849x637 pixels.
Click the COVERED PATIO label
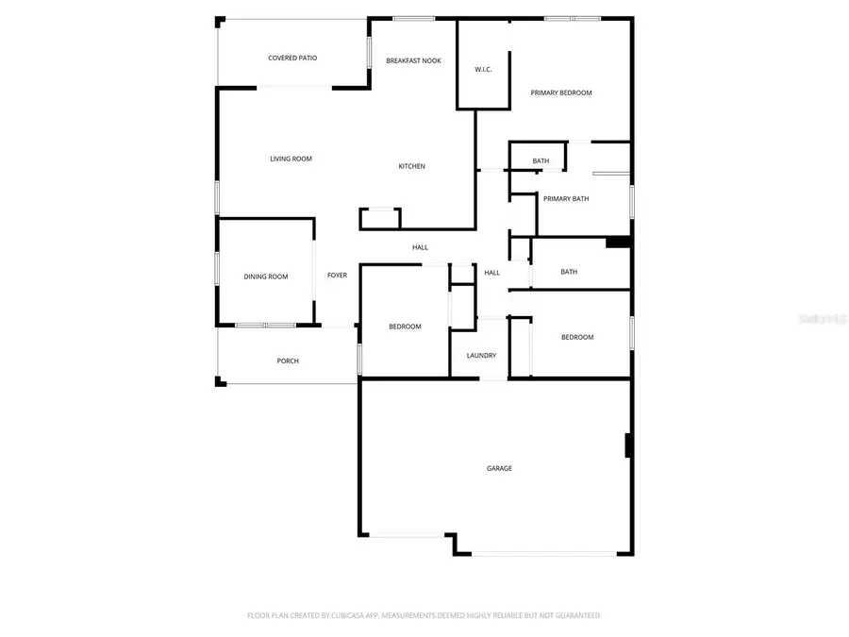pos(292,59)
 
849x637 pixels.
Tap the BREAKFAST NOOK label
pos(413,61)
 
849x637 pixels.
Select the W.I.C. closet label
pos(483,69)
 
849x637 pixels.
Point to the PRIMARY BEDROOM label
pos(561,92)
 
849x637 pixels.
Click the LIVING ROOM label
pos(291,159)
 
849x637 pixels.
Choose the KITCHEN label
pos(411,166)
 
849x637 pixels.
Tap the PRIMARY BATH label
pos(566,198)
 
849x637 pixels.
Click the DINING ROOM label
pos(266,277)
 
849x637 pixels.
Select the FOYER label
pos(337,276)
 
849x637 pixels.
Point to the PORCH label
pos(288,360)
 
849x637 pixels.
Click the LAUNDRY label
pos(481,356)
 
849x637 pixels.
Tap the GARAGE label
pos(499,468)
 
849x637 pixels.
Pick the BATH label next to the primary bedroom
pos(541,161)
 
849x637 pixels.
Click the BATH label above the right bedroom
pos(569,272)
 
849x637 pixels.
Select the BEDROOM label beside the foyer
pos(405,327)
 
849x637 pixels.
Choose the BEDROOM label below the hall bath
pos(577,337)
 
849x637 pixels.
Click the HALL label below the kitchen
pos(420,247)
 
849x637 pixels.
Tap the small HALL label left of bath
pos(491,273)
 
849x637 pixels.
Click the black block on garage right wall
pos(628,445)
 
